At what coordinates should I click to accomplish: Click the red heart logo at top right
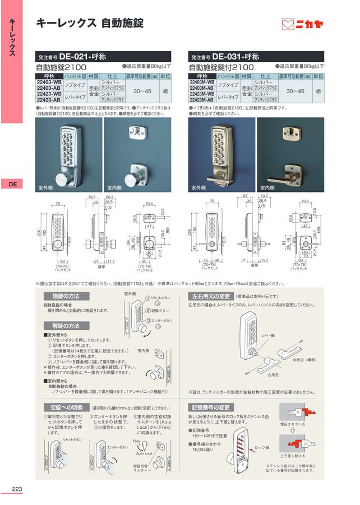tap(288, 24)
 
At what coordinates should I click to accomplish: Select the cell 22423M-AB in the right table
tap(201, 99)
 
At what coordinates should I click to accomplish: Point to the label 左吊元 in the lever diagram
tap(273, 374)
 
